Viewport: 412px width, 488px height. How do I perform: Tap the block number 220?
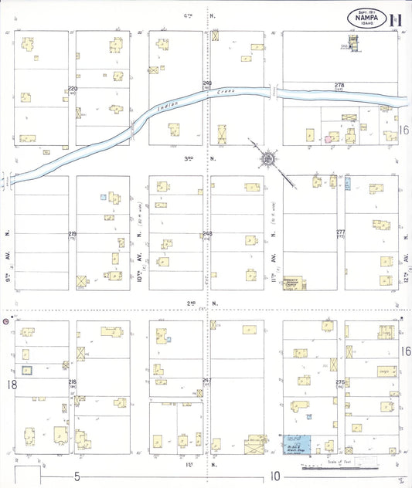(73, 89)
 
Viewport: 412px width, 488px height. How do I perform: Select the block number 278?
(339, 85)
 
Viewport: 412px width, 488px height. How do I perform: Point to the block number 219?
(73, 233)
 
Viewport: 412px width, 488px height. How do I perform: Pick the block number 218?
(73, 382)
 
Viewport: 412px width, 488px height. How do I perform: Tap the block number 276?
(339, 382)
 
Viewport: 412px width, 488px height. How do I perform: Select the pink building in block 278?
(328, 138)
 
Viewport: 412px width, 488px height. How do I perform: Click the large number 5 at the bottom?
(77, 477)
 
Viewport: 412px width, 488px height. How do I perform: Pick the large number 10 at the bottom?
(274, 477)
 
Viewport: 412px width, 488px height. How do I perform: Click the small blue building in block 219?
(102, 197)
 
